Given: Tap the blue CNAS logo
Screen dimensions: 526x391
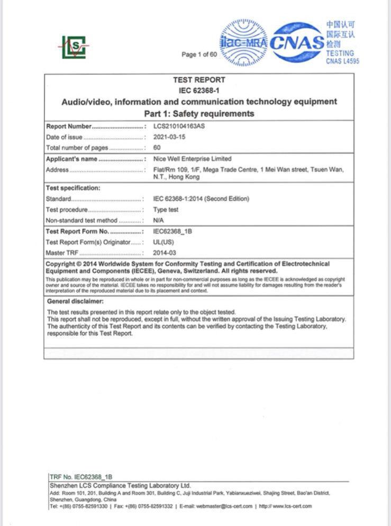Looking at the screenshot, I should (297, 42).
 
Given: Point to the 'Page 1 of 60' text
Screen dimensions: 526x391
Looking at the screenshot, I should (199, 55).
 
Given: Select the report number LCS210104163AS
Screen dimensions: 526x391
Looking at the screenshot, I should (179, 127).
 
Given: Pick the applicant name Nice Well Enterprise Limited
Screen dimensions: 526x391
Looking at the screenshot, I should (192, 159).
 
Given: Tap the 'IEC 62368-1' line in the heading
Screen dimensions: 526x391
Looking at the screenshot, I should (199, 90).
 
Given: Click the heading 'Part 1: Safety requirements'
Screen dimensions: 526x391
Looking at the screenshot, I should (199, 113).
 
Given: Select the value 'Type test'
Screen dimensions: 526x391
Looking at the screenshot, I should (166, 210).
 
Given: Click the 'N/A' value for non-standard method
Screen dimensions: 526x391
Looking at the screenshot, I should (158, 220).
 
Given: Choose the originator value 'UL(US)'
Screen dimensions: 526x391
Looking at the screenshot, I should (162, 242).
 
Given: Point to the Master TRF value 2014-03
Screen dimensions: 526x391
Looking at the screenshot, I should (164, 253).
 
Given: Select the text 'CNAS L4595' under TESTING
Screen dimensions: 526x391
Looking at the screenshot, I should (342, 61).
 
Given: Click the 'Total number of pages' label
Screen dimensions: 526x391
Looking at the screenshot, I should (77, 148).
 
